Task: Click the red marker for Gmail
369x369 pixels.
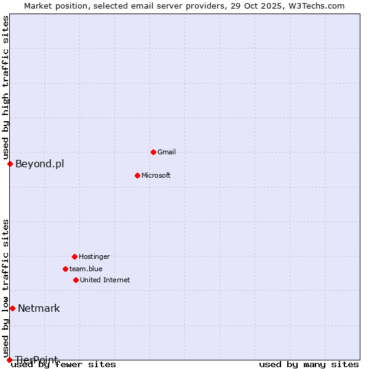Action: tap(153, 152)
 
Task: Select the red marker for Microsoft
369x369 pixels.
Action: tap(137, 175)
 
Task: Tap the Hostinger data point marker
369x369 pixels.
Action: tap(74, 256)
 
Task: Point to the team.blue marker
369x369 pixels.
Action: tap(65, 269)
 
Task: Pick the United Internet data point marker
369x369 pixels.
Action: tap(76, 280)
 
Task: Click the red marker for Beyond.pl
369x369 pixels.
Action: tap(10, 164)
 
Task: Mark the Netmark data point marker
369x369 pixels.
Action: tap(12, 308)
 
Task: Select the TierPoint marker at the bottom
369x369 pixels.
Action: tap(9, 360)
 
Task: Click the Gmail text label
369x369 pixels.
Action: tap(167, 152)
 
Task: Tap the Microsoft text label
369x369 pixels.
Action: tap(156, 175)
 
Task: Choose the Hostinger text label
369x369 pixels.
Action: tap(94, 256)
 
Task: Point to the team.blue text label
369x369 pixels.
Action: tap(86, 269)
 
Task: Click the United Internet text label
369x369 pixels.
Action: tap(105, 280)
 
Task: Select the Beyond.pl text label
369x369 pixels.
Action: tap(39, 164)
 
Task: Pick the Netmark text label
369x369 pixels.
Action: tap(39, 308)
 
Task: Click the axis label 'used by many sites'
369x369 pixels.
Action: tap(309, 365)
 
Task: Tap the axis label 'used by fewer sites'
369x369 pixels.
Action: tap(64, 365)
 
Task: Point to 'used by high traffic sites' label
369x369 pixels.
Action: tap(6, 88)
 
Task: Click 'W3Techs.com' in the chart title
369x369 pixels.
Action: tap(319, 6)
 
